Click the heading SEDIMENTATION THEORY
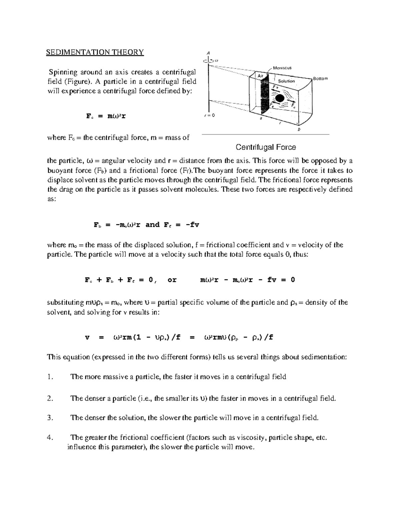click(x=95, y=52)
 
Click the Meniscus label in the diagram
click(x=282, y=68)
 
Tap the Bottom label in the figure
click(x=320, y=78)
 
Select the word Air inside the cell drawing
click(x=260, y=76)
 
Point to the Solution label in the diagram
click(x=286, y=81)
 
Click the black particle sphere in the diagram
click(x=279, y=98)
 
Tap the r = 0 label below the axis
click(x=209, y=115)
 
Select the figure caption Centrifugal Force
click(x=266, y=147)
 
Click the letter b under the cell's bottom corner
click(x=299, y=129)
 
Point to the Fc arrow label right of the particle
click(x=293, y=105)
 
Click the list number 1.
click(x=50, y=377)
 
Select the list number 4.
click(x=50, y=438)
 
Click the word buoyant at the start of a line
click(x=59, y=170)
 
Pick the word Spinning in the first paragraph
click(x=63, y=72)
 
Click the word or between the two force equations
click(x=172, y=280)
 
